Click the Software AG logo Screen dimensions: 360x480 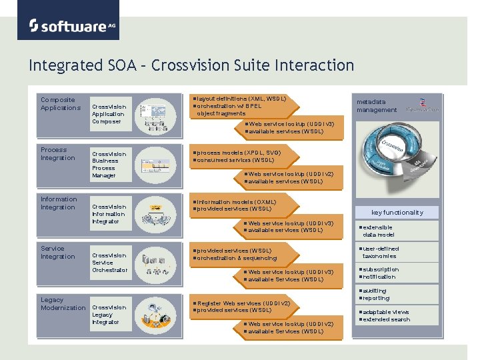(69, 25)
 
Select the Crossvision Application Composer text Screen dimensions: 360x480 (109, 114)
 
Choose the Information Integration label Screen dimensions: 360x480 (59, 203)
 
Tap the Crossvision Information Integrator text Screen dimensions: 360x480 (109, 214)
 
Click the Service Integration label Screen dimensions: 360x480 (57, 253)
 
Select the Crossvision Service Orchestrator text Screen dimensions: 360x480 (109, 263)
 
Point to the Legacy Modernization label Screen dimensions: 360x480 (63, 304)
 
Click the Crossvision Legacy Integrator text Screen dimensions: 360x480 (109, 315)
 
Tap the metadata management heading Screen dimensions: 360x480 (376, 106)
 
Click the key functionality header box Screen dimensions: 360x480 (397, 213)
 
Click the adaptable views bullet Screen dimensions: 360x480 (386, 312)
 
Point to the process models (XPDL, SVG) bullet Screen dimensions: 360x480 (239, 153)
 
